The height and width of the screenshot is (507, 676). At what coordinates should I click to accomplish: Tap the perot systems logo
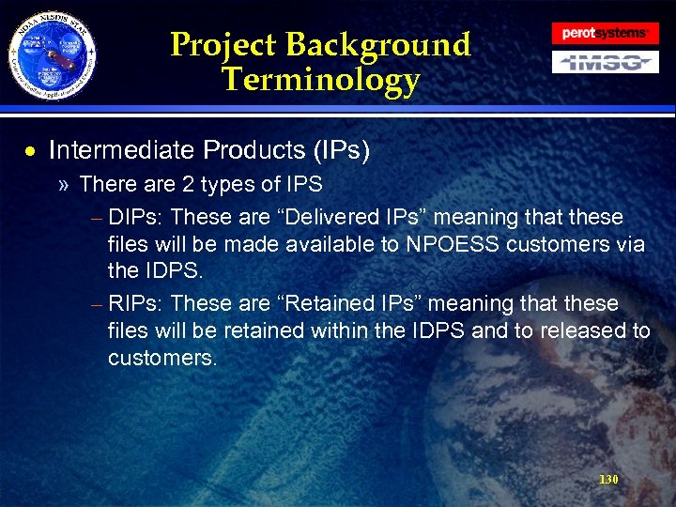tap(604, 33)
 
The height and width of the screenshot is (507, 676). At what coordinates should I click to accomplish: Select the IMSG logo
tap(604, 63)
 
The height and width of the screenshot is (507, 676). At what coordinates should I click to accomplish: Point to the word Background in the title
tap(378, 44)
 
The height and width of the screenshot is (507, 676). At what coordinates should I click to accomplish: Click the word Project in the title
tap(223, 44)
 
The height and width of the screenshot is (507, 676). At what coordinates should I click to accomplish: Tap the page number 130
tap(608, 480)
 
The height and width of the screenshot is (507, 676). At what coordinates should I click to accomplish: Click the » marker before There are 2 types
tap(63, 185)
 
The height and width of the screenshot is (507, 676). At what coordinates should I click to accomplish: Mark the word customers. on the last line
tap(161, 358)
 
